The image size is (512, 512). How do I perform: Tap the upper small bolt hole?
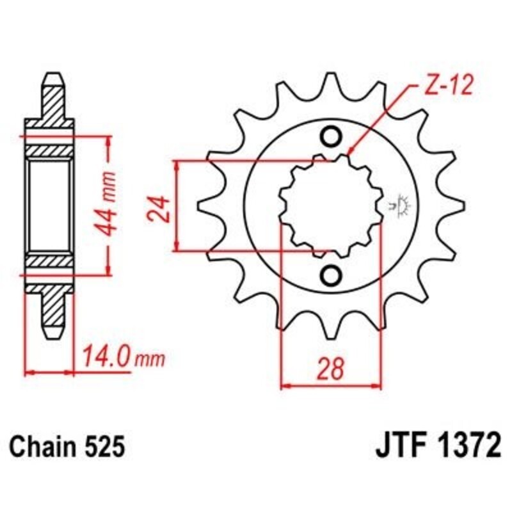tap(331, 136)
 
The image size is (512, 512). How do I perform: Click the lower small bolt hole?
tap(331, 275)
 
